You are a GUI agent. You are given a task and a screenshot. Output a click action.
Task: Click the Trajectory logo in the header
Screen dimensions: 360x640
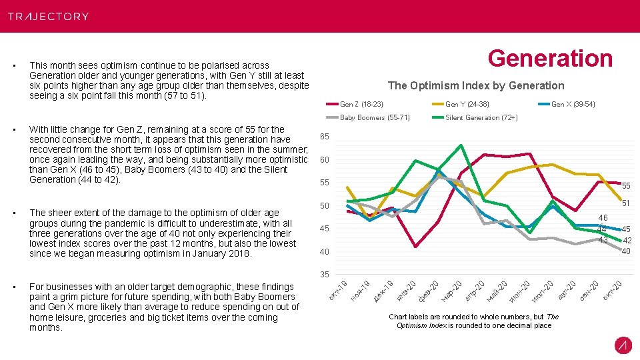pyautogui.click(x=48, y=16)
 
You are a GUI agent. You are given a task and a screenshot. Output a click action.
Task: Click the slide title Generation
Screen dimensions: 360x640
pyautogui.click(x=549, y=59)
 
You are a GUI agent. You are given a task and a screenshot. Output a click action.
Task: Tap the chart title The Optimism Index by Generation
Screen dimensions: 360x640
pyautogui.click(x=475, y=85)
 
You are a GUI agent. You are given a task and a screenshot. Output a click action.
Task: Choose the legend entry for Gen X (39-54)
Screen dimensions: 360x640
pyautogui.click(x=573, y=104)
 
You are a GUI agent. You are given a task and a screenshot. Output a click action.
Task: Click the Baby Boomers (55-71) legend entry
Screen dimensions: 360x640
pyautogui.click(x=374, y=117)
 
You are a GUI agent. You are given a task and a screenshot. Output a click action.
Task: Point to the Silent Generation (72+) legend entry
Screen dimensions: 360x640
pyautogui.click(x=481, y=117)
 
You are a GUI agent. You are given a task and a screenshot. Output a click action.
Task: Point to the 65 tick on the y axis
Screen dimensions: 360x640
pyautogui.click(x=325, y=137)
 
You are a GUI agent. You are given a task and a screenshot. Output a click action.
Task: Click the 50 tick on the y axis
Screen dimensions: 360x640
pyautogui.click(x=325, y=205)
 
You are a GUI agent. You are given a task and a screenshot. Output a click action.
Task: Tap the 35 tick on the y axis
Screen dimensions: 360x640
pyautogui.click(x=325, y=275)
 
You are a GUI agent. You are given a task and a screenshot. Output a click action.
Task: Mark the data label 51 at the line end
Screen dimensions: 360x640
pyautogui.click(x=626, y=203)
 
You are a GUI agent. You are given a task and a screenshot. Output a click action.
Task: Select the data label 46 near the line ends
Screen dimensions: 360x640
pyautogui.click(x=603, y=217)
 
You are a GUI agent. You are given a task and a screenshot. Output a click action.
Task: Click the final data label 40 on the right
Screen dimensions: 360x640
pyautogui.click(x=626, y=251)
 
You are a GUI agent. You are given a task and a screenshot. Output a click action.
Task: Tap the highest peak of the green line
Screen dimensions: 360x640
pyautogui.click(x=461, y=145)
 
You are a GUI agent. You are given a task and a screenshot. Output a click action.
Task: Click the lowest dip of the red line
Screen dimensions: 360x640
pyautogui.click(x=415, y=247)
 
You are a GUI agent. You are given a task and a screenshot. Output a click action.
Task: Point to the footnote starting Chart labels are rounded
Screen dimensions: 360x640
pyautogui.click(x=473, y=321)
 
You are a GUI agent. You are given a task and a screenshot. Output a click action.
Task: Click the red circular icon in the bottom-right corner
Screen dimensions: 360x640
pyautogui.click(x=623, y=345)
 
